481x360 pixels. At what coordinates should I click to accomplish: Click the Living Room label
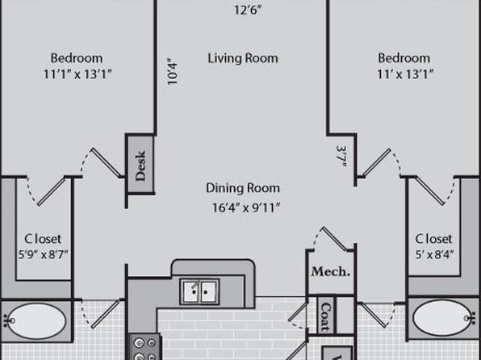[x=243, y=58]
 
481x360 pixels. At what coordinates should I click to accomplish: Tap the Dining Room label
[x=243, y=188]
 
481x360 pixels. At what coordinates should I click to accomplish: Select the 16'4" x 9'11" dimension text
[x=246, y=207]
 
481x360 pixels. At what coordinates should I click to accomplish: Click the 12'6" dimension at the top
[x=248, y=10]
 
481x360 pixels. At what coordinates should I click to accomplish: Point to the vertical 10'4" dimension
[x=173, y=72]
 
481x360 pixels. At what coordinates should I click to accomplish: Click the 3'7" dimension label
[x=342, y=156]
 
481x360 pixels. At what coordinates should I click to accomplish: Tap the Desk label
[x=140, y=165]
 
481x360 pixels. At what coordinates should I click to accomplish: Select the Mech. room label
[x=331, y=271]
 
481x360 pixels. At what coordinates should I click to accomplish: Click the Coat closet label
[x=326, y=316]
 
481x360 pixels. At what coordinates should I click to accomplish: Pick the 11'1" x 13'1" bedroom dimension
[x=77, y=74]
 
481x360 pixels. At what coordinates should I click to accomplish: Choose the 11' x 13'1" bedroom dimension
[x=405, y=74]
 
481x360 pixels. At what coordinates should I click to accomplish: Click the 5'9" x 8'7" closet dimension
[x=43, y=254]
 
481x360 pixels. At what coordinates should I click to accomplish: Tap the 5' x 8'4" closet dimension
[x=434, y=254]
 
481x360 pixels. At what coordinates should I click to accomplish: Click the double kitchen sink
[x=199, y=291]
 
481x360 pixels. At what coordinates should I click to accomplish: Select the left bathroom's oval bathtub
[x=36, y=320]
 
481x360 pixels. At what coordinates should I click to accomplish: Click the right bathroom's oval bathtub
[x=442, y=318]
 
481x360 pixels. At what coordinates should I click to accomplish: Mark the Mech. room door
[x=335, y=238]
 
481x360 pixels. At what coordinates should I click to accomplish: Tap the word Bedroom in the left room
[x=77, y=58]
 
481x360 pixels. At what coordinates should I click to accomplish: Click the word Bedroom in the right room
[x=404, y=58]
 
